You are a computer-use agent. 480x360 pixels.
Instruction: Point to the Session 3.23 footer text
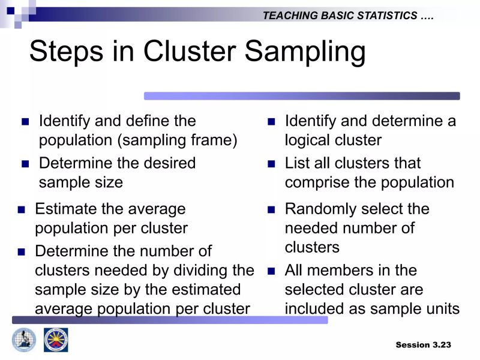(x=423, y=344)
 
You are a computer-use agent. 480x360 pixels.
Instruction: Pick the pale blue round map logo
(x=24, y=340)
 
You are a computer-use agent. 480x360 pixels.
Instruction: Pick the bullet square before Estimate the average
(x=22, y=209)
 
